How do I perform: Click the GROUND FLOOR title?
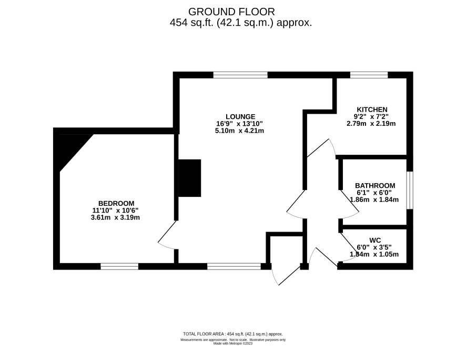tap(231, 12)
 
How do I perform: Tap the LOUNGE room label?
tap(240, 117)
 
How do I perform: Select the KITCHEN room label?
tap(372, 109)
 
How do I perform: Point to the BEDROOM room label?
tap(116, 204)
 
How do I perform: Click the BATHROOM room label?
tap(375, 186)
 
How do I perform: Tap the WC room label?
tap(375, 240)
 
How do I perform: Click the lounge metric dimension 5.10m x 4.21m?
tap(239, 131)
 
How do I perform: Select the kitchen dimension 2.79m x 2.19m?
tap(371, 124)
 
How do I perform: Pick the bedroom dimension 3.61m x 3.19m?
tap(115, 217)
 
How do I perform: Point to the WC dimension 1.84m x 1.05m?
tap(374, 254)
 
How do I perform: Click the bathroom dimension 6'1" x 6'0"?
tap(374, 193)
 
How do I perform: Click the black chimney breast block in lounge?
tap(189, 178)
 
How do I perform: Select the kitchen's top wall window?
tap(369, 75)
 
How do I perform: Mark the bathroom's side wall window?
tap(410, 190)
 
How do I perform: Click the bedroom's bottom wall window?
tap(119, 266)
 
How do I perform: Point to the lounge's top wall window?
tap(240, 75)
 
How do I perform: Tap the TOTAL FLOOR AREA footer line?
tap(233, 334)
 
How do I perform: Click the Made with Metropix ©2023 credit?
tap(233, 343)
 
